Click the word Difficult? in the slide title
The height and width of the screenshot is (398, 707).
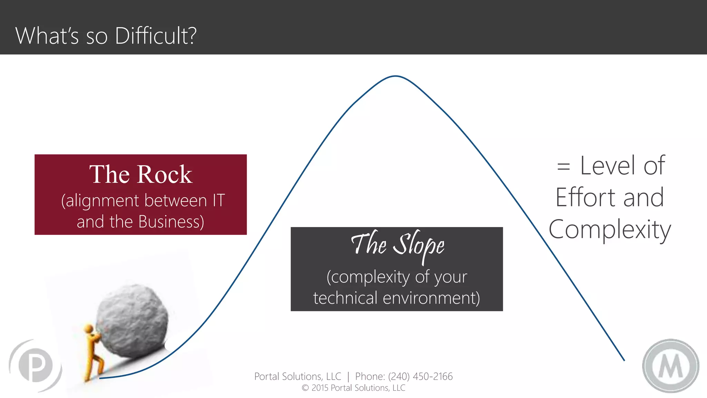(155, 36)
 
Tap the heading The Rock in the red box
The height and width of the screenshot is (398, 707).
(141, 174)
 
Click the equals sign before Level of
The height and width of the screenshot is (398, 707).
(563, 167)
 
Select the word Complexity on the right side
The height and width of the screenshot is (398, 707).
(610, 230)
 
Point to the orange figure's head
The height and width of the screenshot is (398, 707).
(89, 328)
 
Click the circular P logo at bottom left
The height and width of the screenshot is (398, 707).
(36, 366)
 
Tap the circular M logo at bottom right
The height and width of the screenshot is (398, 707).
(670, 366)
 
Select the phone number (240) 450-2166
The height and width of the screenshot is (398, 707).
(420, 376)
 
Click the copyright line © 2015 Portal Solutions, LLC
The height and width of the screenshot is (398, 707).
(353, 388)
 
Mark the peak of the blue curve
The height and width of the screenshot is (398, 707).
(395, 76)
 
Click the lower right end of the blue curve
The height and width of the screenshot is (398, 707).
(623, 359)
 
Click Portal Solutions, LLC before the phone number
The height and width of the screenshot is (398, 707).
(298, 376)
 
